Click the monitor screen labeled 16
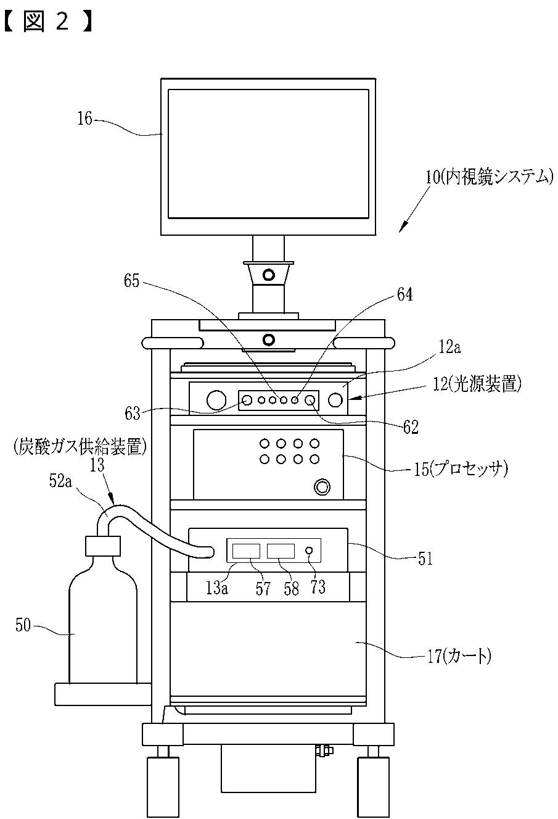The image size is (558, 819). pyautogui.click(x=268, y=153)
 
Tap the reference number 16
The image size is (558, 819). pyautogui.click(x=84, y=118)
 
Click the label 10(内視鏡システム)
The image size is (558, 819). pyautogui.click(x=488, y=178)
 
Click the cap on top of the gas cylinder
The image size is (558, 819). pyautogui.click(x=102, y=546)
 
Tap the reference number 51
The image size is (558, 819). pyautogui.click(x=425, y=559)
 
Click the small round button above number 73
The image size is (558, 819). pyautogui.click(x=311, y=550)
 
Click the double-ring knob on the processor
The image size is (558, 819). pyautogui.click(x=321, y=488)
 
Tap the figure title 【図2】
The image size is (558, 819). pyautogui.click(x=47, y=22)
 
